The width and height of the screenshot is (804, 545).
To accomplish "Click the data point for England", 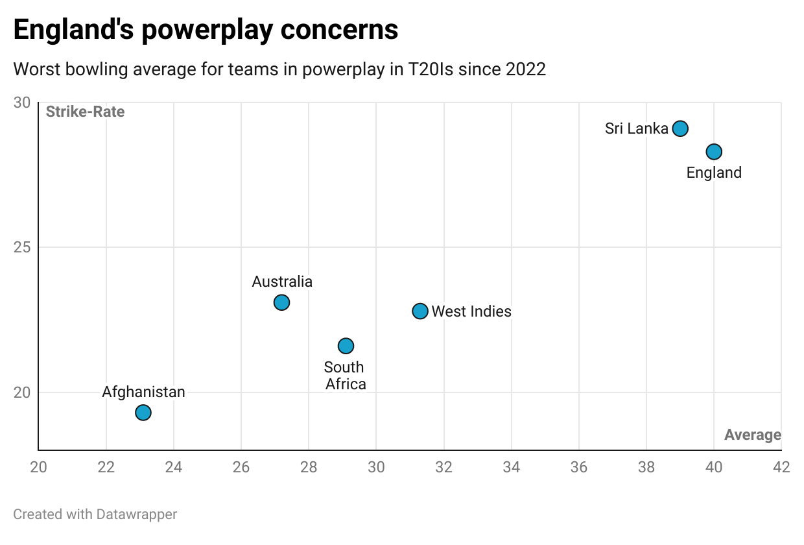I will coord(714,152).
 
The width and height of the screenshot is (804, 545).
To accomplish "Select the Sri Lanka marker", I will coord(680,128).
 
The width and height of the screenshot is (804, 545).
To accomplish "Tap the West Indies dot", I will coord(420,311).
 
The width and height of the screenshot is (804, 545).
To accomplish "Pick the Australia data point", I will coord(281,302).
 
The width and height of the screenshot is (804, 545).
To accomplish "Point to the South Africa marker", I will coord(346,345).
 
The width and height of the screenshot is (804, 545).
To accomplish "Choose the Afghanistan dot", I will coord(143,413).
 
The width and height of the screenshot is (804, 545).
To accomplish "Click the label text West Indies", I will coord(471,311).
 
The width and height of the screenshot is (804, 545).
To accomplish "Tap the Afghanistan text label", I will coord(143,392).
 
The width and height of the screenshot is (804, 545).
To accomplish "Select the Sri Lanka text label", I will coord(636,128).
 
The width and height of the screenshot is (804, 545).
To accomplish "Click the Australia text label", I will coord(282,282).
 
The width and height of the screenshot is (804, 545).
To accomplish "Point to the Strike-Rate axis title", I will coord(85,112).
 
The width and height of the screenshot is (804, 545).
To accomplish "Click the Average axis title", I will coord(752,435).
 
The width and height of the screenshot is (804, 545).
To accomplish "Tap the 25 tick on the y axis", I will coord(22,248).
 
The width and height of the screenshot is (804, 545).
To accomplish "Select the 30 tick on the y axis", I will coord(22,103).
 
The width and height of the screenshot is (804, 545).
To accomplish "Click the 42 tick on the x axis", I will coord(781,467).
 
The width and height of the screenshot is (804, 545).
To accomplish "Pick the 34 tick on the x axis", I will coord(511,467).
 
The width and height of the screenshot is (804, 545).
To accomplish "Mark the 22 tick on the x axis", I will coord(106,467).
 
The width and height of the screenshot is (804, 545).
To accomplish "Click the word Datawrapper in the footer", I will coord(136,515).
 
